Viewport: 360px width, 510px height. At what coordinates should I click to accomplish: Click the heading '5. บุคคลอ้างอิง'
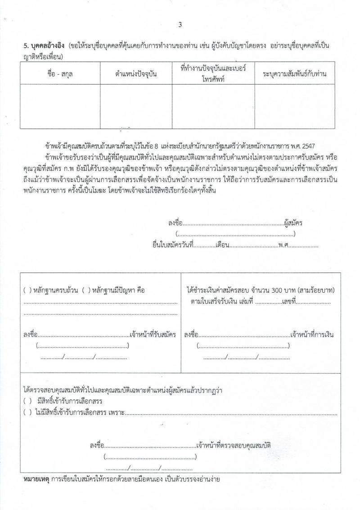point(44,47)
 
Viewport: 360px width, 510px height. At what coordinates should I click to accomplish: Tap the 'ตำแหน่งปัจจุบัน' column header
point(135,74)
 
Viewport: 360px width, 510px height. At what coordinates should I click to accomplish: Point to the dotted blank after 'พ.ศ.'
point(303,246)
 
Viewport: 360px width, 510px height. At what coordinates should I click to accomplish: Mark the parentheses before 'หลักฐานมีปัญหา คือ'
point(86,291)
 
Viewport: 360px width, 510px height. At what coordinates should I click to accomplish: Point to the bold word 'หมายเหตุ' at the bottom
point(36,479)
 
